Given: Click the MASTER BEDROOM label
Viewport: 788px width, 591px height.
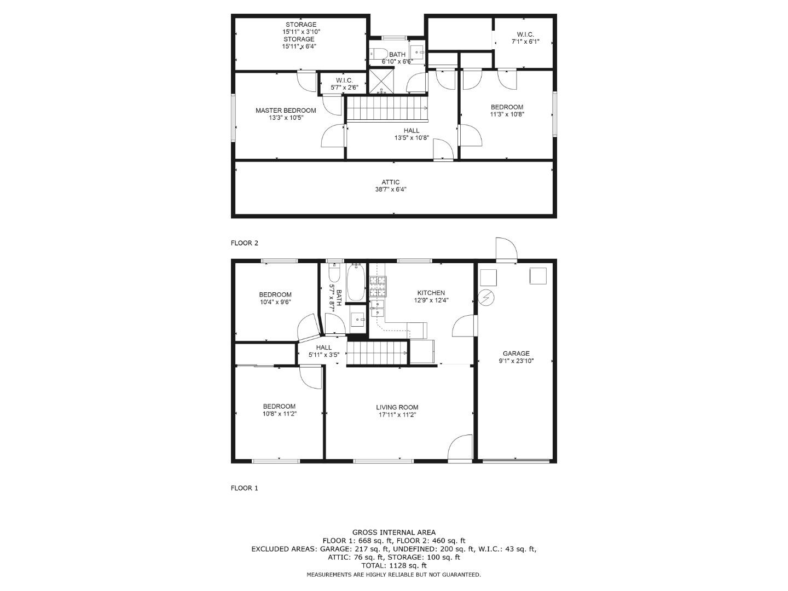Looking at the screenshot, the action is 286,111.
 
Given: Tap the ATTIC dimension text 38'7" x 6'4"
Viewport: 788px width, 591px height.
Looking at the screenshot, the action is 391,189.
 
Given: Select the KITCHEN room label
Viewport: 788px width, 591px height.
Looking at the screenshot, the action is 431,293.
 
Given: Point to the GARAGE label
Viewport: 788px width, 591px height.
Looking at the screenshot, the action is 516,354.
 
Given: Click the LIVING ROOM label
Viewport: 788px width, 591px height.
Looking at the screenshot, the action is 397,407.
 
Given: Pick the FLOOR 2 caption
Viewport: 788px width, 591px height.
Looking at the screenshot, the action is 245,243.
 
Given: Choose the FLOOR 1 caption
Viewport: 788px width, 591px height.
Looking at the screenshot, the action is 245,488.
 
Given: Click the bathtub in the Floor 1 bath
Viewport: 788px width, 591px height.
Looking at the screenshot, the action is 356,283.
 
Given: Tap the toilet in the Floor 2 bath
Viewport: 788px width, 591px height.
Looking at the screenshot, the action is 379,54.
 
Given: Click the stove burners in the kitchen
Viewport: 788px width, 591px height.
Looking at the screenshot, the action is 378,287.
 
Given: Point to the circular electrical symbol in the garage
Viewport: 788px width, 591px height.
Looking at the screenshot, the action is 486,298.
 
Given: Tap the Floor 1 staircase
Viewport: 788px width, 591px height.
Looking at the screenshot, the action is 377,353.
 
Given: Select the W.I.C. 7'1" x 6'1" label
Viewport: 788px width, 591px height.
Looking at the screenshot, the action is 525,38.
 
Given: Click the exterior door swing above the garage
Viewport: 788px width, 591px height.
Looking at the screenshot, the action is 507,249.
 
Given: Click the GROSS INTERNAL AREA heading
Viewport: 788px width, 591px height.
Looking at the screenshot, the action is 394,532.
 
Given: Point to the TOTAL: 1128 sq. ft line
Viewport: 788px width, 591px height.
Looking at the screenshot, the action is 394,565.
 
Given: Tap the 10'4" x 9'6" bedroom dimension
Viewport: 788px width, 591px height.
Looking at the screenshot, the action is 275,302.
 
